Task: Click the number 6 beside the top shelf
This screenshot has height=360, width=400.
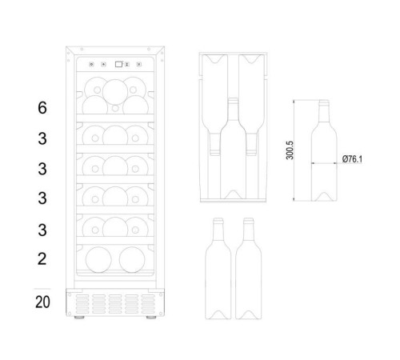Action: click(42, 108)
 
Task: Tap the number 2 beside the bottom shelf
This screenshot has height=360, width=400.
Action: click(42, 258)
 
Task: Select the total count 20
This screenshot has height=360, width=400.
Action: click(42, 302)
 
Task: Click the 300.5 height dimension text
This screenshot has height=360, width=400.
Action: click(290, 150)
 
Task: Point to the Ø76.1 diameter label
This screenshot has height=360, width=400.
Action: click(352, 159)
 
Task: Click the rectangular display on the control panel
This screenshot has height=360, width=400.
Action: click(118, 64)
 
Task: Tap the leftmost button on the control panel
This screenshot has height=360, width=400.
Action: click(91, 64)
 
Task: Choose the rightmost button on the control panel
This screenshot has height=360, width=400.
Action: click(139, 64)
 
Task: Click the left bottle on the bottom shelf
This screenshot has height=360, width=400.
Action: click(98, 260)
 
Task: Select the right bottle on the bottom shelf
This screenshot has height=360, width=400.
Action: click(132, 260)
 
